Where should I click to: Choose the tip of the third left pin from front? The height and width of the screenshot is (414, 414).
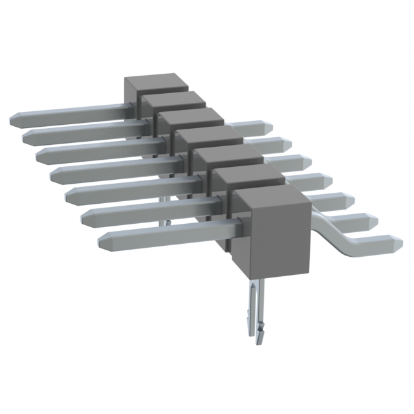coord(69,193)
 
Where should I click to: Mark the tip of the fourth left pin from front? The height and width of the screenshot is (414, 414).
coord(53,173)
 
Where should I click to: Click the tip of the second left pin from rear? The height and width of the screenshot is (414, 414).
coord(27,136)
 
